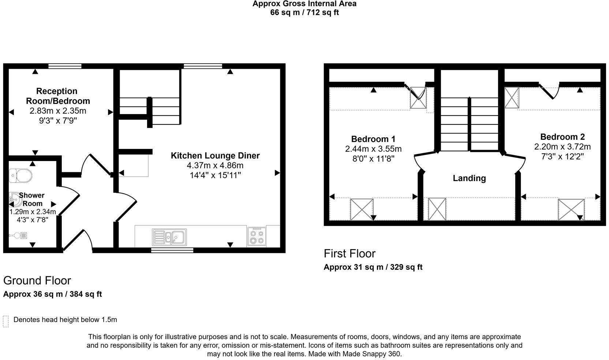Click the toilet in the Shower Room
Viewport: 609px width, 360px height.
(x=20, y=176)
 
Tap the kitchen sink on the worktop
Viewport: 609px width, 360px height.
(x=169, y=237)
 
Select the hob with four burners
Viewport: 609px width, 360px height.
(x=256, y=236)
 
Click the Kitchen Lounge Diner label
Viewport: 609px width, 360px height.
(x=215, y=155)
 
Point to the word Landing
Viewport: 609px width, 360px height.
(x=469, y=178)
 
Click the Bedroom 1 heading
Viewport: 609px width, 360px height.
(x=373, y=139)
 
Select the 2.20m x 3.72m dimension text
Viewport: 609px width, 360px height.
(x=562, y=147)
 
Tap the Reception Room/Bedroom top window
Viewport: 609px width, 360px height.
(x=65, y=66)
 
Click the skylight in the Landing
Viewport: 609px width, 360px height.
(x=437, y=209)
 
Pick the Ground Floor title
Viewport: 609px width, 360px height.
(x=37, y=281)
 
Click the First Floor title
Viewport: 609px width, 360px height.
(x=350, y=254)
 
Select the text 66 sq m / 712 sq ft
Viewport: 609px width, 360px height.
(x=304, y=12)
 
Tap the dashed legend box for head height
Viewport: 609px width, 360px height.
(x=5, y=321)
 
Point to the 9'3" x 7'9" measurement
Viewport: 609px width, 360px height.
(x=58, y=120)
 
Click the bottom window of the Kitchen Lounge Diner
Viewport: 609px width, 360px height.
(x=172, y=251)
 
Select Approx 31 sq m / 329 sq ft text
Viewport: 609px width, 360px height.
(x=373, y=267)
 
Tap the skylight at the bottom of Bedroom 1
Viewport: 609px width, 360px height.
(x=362, y=209)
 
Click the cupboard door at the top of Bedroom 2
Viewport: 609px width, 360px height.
(x=548, y=91)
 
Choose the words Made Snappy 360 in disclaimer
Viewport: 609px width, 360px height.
(x=371, y=354)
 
